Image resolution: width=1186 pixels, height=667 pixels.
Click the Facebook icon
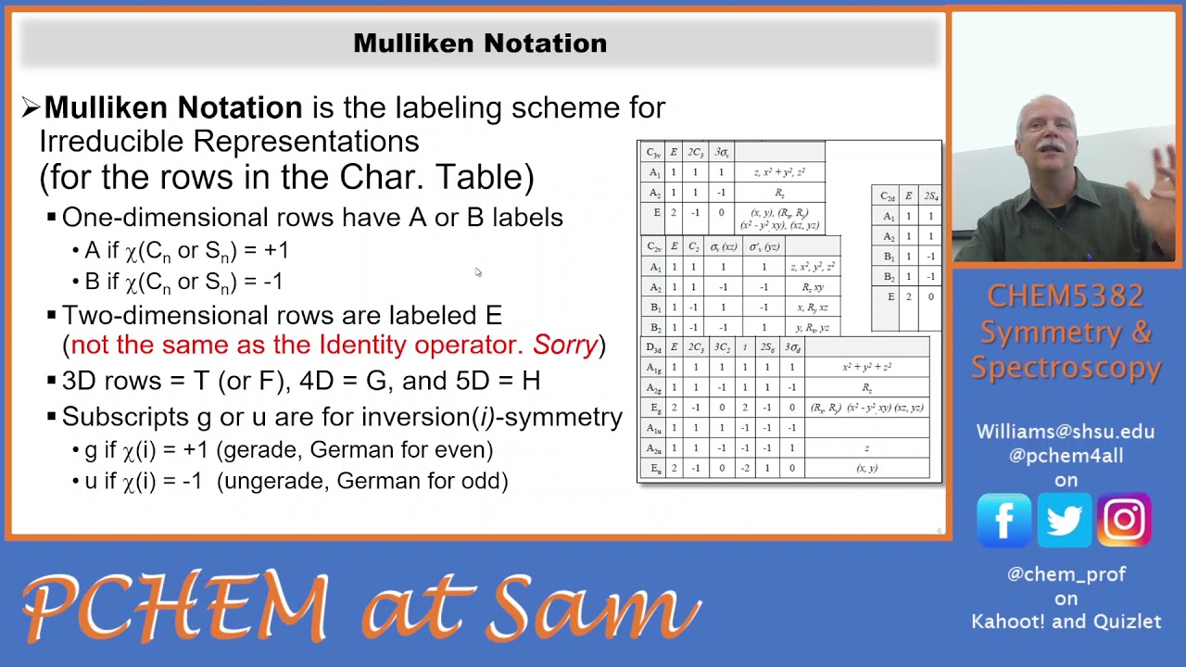point(1003,520)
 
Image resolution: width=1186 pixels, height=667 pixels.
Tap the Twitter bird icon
point(1064,520)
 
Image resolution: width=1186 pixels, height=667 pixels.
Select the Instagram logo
point(1124,520)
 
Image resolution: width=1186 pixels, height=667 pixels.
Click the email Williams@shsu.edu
point(1065,432)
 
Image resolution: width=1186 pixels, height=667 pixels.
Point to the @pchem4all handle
point(1065,455)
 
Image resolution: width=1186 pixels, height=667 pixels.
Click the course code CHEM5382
point(1065,296)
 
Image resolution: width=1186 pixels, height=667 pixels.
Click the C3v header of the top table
point(653,153)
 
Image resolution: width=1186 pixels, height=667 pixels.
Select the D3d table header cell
point(653,347)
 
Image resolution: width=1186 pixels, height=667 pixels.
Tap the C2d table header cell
point(888,196)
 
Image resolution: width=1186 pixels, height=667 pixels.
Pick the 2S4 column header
point(930,196)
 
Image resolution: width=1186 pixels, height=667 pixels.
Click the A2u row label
point(654,448)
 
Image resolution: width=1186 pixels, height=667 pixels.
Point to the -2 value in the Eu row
point(744,469)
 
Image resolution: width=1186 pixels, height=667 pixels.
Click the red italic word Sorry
point(565,346)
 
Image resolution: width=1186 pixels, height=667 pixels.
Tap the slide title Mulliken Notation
point(480,44)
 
